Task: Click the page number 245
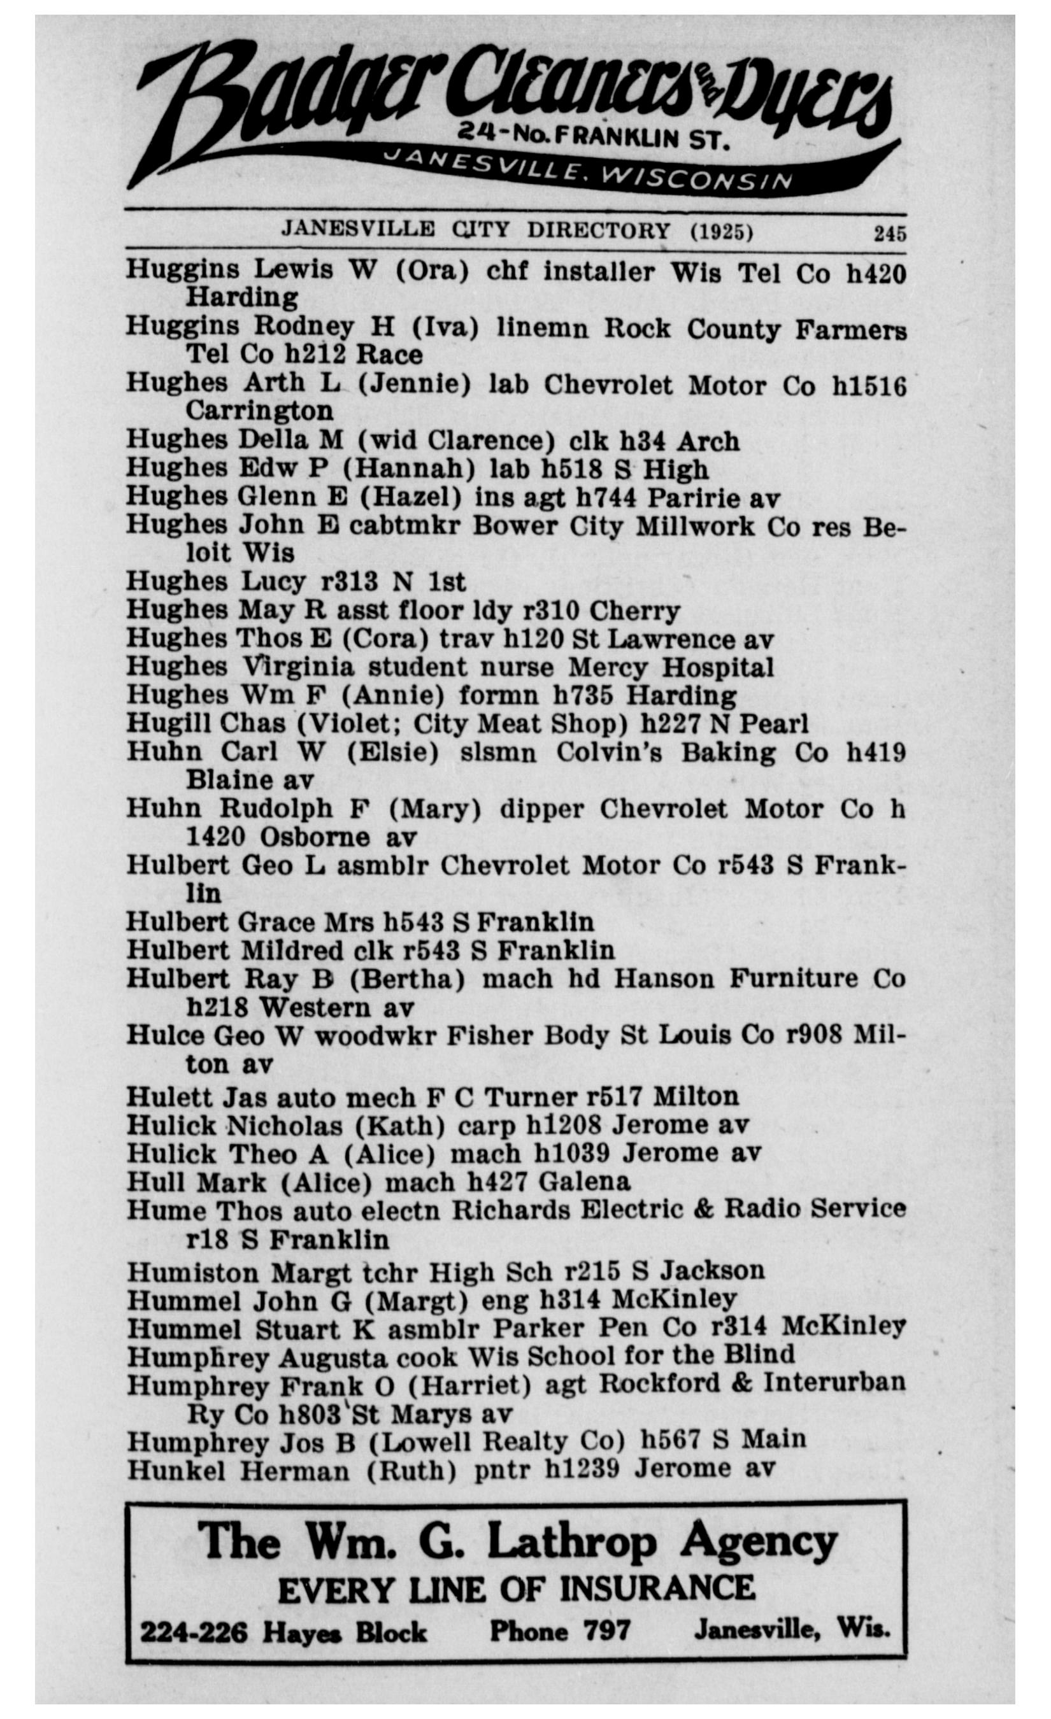(x=889, y=233)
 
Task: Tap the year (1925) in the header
(x=722, y=231)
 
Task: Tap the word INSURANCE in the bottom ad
(x=657, y=1588)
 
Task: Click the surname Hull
(x=154, y=1182)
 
